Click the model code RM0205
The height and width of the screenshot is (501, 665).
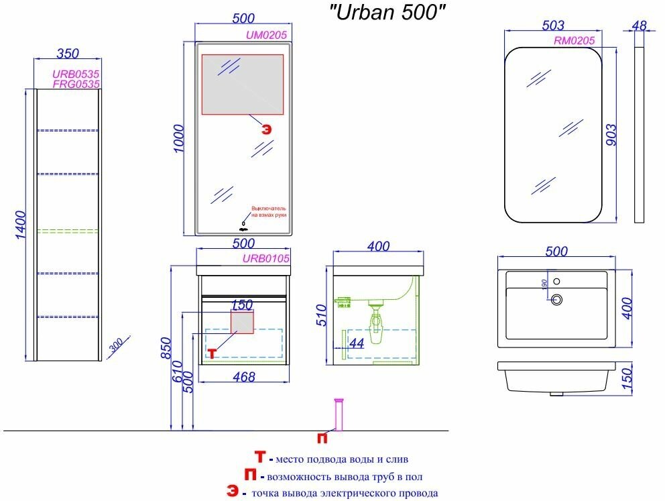click(574, 40)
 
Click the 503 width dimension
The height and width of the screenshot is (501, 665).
click(552, 25)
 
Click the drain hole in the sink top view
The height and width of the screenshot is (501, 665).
click(556, 300)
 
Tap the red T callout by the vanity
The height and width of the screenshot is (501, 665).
click(212, 352)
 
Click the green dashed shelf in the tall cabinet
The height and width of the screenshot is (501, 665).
click(67, 231)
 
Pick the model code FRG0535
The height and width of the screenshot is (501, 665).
click(76, 84)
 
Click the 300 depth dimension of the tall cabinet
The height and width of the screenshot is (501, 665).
click(115, 347)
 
